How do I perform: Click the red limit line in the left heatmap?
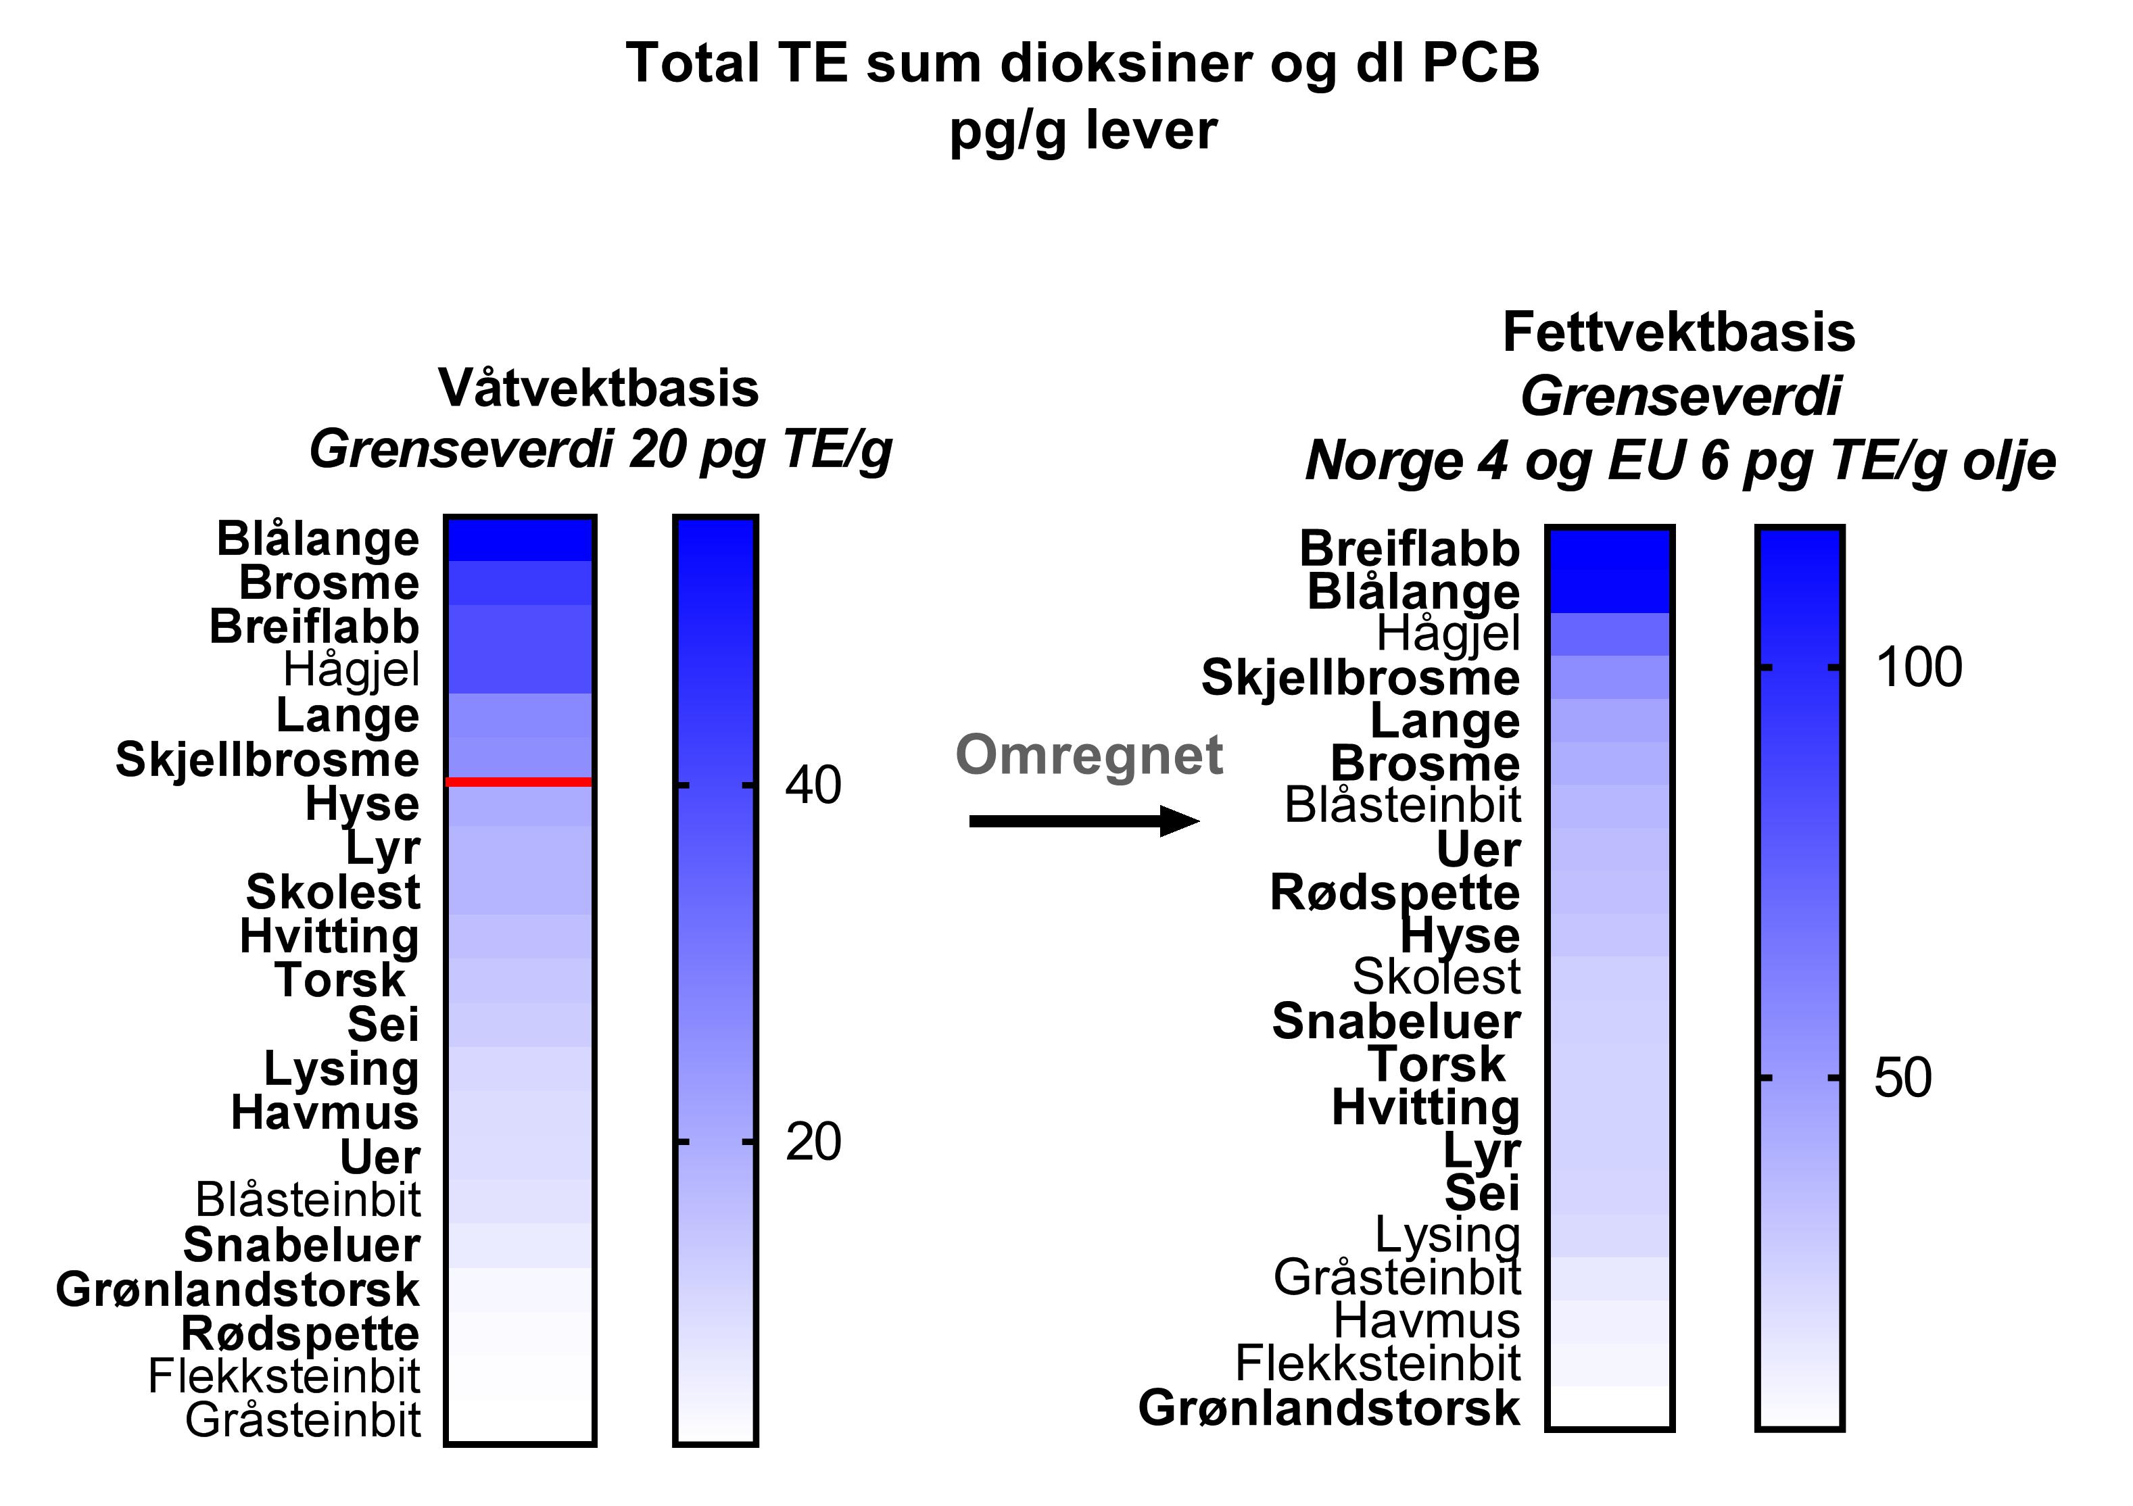tap(519, 782)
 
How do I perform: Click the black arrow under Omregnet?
tap(1083, 821)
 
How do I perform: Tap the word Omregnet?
tap(1088, 754)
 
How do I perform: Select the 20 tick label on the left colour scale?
tap(813, 1142)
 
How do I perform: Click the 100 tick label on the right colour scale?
tap(1919, 668)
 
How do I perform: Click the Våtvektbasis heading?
tap(599, 389)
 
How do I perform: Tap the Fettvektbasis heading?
tap(1679, 333)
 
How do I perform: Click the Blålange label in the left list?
tap(318, 539)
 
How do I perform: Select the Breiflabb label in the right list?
tap(1410, 549)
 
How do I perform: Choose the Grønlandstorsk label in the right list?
tap(1328, 1407)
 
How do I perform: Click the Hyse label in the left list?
tap(362, 804)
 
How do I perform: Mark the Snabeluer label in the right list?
tap(1395, 1022)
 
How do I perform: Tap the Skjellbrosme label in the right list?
tap(1360, 678)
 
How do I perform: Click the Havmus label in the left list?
tap(325, 1112)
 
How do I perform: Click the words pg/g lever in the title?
tap(1082, 130)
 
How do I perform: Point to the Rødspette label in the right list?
tap(1395, 893)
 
